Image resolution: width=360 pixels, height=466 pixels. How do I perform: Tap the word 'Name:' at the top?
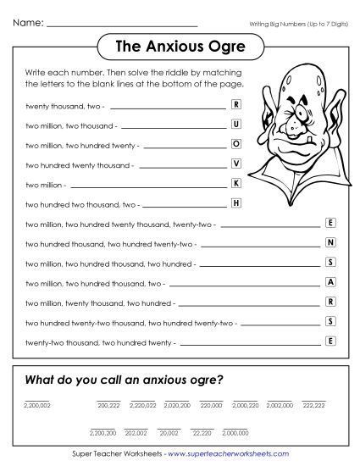[28, 21]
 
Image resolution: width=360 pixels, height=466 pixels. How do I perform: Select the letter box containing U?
[236, 125]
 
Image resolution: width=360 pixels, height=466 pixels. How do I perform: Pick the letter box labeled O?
[236, 143]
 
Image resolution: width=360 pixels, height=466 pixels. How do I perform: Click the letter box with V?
[236, 163]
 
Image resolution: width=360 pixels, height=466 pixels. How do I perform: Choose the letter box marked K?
[236, 183]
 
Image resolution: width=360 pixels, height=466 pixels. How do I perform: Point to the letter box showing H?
[236, 203]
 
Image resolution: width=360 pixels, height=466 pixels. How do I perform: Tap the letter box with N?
[330, 242]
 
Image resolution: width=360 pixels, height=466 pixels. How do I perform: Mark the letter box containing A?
[330, 281]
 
